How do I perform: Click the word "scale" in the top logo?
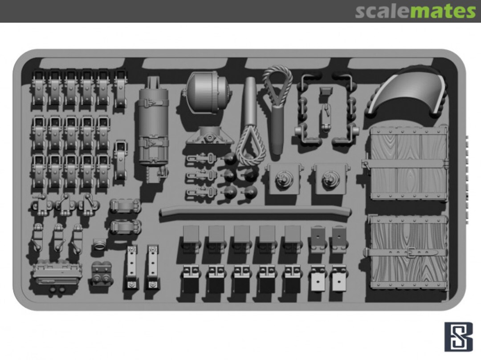click(382, 11)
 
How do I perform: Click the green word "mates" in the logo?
click(443, 12)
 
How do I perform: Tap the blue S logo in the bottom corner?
click(458, 336)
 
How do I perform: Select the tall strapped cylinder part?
click(153, 129)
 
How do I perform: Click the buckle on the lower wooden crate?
click(409, 253)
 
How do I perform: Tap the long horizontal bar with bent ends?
click(255, 211)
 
